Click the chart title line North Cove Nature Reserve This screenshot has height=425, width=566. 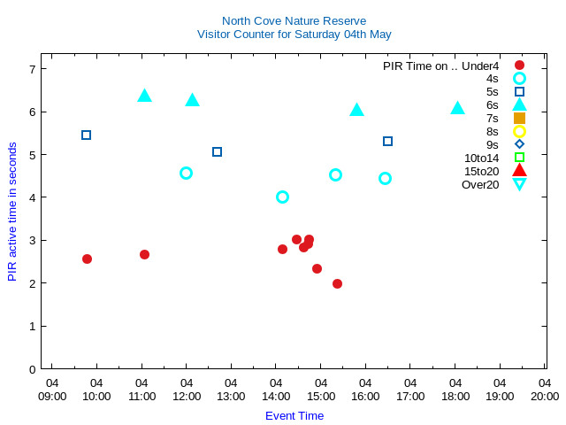tap(294, 20)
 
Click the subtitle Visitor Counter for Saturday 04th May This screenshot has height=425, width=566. tap(294, 35)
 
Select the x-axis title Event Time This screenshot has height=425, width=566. tap(294, 415)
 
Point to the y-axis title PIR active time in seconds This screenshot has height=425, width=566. tap(12, 212)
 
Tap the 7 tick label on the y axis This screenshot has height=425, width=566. tap(32, 69)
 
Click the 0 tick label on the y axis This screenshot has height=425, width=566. tap(32, 369)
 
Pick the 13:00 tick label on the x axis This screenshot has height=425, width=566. tap(231, 396)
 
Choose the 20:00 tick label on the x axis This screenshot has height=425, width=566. tap(545, 396)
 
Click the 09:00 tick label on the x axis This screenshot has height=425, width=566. tap(52, 396)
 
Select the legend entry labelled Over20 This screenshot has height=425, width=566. tap(480, 184)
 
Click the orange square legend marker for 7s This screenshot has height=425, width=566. tap(519, 118)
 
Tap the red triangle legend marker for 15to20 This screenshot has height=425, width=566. tap(519, 170)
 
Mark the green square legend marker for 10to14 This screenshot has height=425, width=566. tap(519, 158)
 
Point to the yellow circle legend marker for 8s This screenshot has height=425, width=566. tap(519, 131)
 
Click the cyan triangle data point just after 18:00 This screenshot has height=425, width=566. tap(457, 108)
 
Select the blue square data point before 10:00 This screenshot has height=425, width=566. tap(86, 135)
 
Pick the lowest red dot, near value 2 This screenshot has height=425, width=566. tap(337, 283)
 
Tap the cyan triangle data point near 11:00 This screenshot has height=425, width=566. tap(144, 96)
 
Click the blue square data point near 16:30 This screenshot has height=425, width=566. tap(387, 141)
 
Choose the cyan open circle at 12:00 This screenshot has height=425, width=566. tap(186, 173)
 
